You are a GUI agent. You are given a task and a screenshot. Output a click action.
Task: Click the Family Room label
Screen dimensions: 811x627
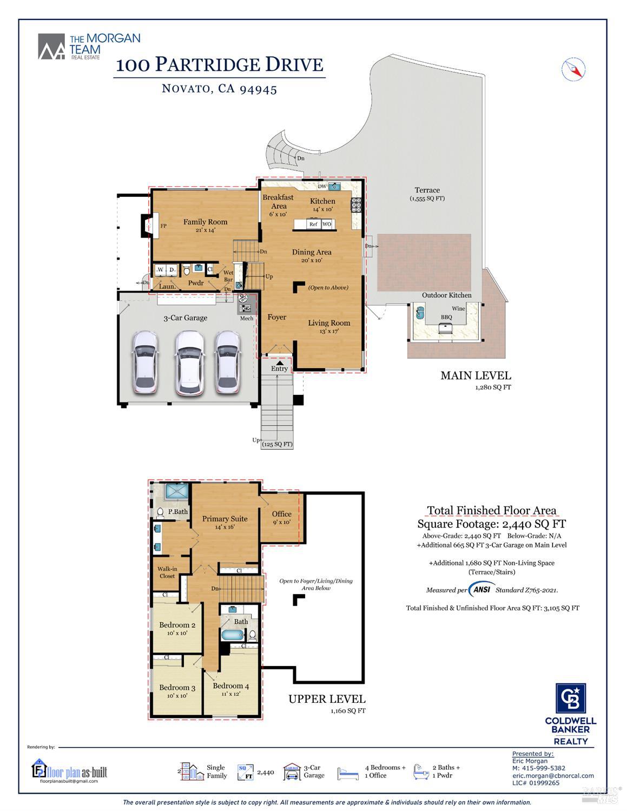(205, 222)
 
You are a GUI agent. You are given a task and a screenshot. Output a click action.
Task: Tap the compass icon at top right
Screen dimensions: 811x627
(573, 69)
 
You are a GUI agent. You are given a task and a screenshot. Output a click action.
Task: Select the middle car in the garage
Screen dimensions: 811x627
(189, 362)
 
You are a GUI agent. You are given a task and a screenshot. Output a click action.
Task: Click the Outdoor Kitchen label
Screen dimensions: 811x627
(446, 295)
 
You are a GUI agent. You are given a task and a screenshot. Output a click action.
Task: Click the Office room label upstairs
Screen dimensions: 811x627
(281, 514)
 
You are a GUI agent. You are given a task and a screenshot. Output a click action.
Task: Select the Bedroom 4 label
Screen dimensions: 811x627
(230, 686)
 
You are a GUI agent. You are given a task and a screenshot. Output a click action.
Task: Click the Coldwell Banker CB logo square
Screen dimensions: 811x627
(571, 699)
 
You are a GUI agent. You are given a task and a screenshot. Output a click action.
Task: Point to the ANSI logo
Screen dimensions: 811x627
(481, 590)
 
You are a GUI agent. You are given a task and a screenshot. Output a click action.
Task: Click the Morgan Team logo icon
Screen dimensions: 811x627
(51, 47)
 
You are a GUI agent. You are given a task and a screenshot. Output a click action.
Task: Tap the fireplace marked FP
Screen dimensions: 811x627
(148, 226)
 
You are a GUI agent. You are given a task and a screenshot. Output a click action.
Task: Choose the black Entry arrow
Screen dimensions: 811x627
(280, 362)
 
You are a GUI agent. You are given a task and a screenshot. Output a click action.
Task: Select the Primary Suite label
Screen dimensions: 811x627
(225, 519)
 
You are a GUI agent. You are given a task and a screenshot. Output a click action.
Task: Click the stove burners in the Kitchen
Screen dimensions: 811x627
(357, 204)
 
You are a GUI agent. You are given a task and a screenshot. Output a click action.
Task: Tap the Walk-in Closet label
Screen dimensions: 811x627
(167, 572)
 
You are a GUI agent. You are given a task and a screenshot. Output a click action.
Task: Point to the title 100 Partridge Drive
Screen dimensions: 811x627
(220, 64)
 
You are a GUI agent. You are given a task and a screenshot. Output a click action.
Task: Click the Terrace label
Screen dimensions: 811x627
(427, 190)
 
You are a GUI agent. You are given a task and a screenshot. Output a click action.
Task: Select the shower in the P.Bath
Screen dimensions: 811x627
(177, 491)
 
